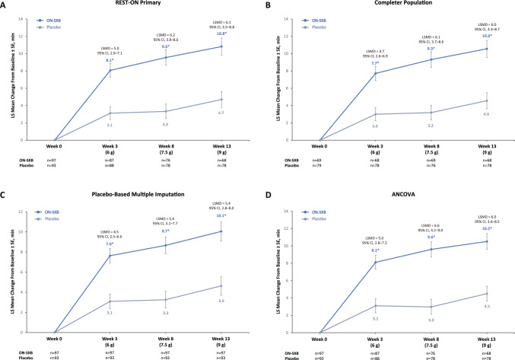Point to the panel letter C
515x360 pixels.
click(x=4, y=190)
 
